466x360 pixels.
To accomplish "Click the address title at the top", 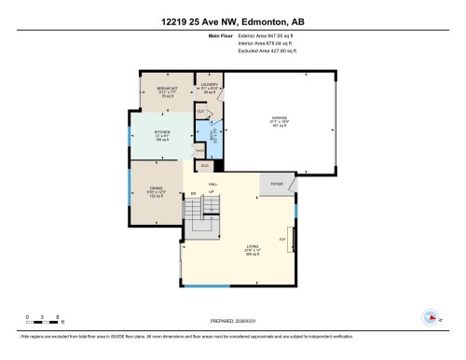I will (x=232, y=21).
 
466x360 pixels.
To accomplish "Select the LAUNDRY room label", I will (x=208, y=86).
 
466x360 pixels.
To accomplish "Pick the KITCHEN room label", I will (x=163, y=134).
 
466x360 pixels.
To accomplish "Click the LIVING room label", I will (x=253, y=248).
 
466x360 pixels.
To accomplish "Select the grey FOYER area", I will (x=276, y=186).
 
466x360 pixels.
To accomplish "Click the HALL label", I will (x=212, y=185).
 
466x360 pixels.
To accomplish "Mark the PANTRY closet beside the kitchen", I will (x=199, y=150).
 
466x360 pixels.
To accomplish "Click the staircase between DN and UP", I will (x=202, y=224).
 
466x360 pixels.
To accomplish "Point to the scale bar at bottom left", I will (x=43, y=320).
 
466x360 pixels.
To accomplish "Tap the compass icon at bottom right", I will (x=430, y=317).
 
